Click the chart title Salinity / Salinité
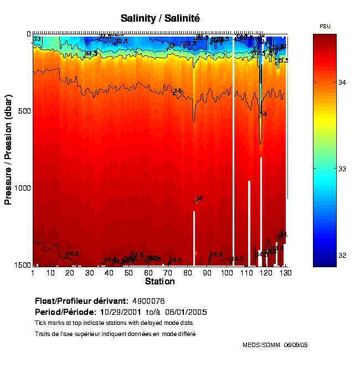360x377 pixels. (x=160, y=18)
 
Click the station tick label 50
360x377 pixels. (x=128, y=273)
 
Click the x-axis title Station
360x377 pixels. (x=160, y=282)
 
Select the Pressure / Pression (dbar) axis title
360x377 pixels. (x=8, y=150)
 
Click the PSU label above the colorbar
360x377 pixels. (x=325, y=27)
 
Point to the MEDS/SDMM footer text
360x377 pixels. (x=262, y=345)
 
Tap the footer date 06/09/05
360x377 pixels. (x=296, y=345)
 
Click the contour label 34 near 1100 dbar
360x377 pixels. (x=199, y=198)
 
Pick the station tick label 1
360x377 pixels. (x=33, y=273)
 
